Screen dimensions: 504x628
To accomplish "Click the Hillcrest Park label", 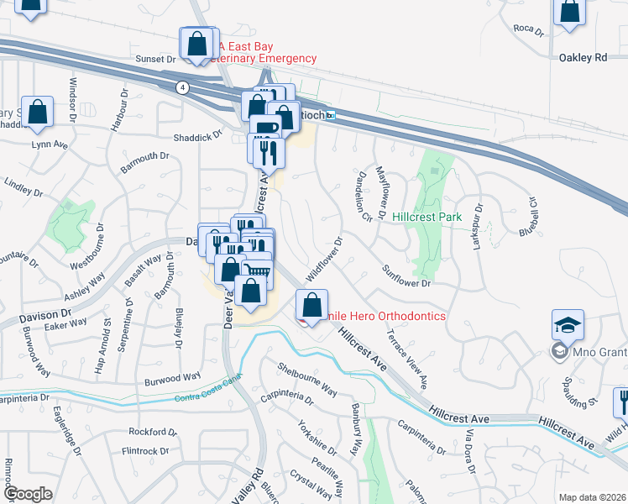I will [x=427, y=217].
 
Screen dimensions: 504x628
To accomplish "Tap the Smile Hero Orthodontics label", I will [x=383, y=316].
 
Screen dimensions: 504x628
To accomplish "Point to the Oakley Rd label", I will [x=582, y=58].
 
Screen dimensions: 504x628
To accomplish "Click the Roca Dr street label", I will [x=523, y=28].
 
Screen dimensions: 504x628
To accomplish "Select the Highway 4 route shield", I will [x=181, y=87].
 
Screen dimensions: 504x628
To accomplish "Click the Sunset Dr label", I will [x=156, y=60].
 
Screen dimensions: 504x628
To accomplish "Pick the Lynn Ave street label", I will [x=49, y=144].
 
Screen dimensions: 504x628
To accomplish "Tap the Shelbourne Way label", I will [x=307, y=381].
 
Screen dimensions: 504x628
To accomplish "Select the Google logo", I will [x=28, y=494].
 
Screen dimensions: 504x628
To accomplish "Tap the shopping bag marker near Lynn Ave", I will [x=38, y=111].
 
